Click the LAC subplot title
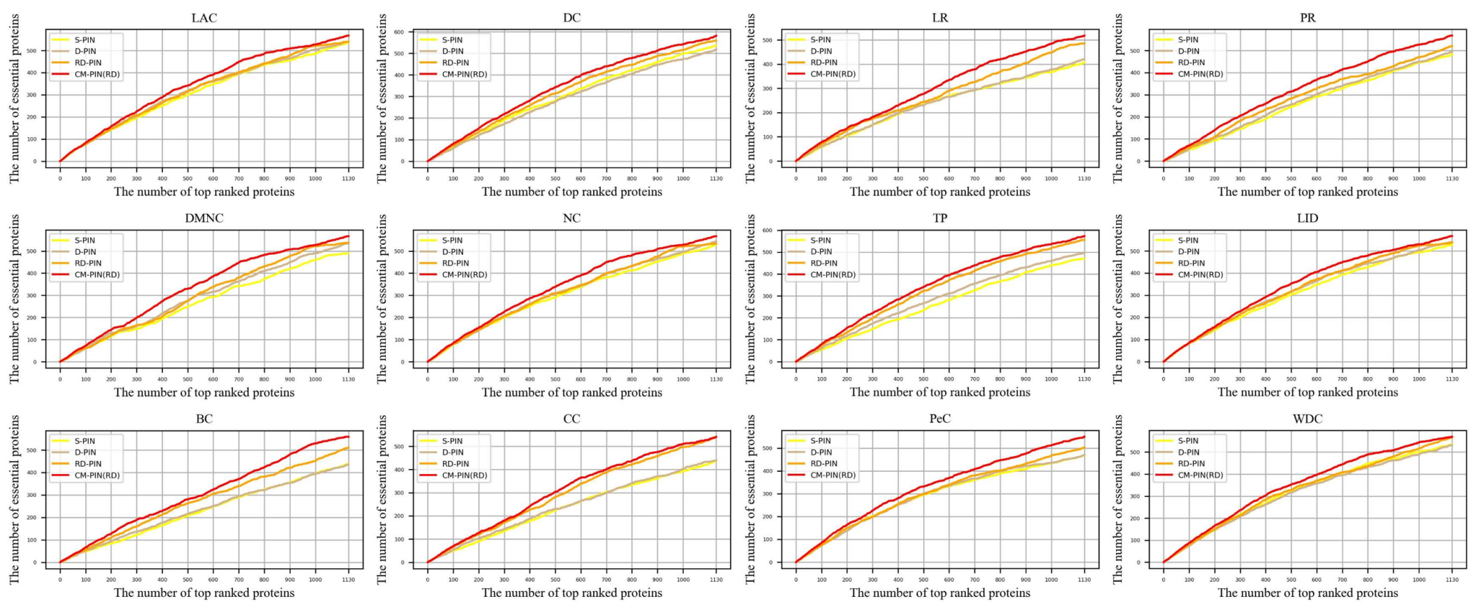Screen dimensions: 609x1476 pos(204,18)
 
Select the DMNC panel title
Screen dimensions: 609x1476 pos(204,218)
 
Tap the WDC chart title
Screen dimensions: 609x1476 pos(1307,419)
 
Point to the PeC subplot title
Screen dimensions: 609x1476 pos(939,419)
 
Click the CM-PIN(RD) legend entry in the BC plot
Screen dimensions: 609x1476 pos(97,475)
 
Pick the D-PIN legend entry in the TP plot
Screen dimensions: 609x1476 pos(822,252)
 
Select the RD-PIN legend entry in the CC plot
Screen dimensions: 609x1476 pos(455,464)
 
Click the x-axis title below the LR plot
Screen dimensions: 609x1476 pos(939,191)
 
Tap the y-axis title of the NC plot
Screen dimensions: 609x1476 pos(382,298)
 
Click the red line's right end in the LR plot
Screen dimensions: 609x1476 pos(1084,35)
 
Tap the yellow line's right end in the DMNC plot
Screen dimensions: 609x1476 pos(348,253)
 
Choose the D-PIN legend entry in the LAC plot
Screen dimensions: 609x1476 pos(86,51)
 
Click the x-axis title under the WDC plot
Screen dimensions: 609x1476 pos(1307,593)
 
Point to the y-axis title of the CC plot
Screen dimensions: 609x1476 pos(382,499)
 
